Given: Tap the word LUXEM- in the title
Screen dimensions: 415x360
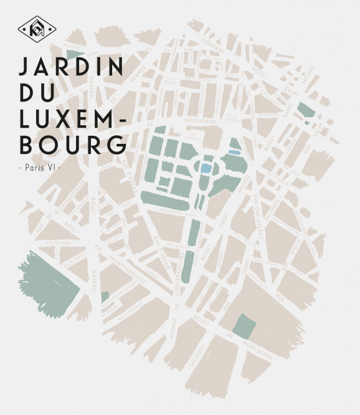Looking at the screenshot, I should (73, 118).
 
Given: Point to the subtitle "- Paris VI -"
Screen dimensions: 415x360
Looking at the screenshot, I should (41, 168).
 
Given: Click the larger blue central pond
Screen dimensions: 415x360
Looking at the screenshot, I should (206, 168).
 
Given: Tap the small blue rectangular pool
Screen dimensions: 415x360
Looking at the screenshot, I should (235, 151).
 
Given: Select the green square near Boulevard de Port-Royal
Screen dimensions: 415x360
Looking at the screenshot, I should (245, 326).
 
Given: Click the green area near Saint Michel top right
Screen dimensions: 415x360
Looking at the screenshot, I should (306, 110).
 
